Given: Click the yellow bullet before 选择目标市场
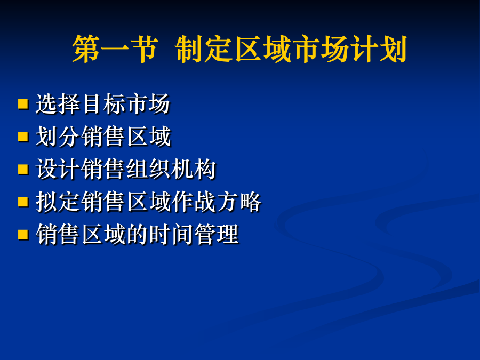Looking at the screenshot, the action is click(23, 104).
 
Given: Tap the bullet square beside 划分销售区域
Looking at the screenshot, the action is click(23, 137).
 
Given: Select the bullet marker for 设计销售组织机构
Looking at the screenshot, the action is click(23, 169).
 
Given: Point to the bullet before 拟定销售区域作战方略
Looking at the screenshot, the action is click(23, 202).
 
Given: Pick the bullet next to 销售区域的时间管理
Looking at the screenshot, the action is click(23, 235).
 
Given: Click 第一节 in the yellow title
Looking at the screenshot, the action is click(115, 49).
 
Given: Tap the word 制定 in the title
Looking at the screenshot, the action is click(204, 49).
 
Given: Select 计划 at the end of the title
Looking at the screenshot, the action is click(378, 49).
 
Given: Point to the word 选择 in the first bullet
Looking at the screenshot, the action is click(58, 104).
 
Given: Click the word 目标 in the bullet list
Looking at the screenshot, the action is click(103, 104).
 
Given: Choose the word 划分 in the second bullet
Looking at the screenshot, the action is click(58, 137).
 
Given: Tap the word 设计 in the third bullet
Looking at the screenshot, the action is click(58, 169).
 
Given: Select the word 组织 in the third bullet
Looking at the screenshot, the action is click(148, 169).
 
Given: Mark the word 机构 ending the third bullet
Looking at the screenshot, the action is click(194, 169).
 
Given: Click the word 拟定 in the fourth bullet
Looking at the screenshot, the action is click(58, 202).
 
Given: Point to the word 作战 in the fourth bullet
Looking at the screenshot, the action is click(194, 202).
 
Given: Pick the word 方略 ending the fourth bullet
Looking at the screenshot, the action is click(239, 202).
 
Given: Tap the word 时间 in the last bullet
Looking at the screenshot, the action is click(171, 235).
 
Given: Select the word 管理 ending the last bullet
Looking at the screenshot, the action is click(216, 235).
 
